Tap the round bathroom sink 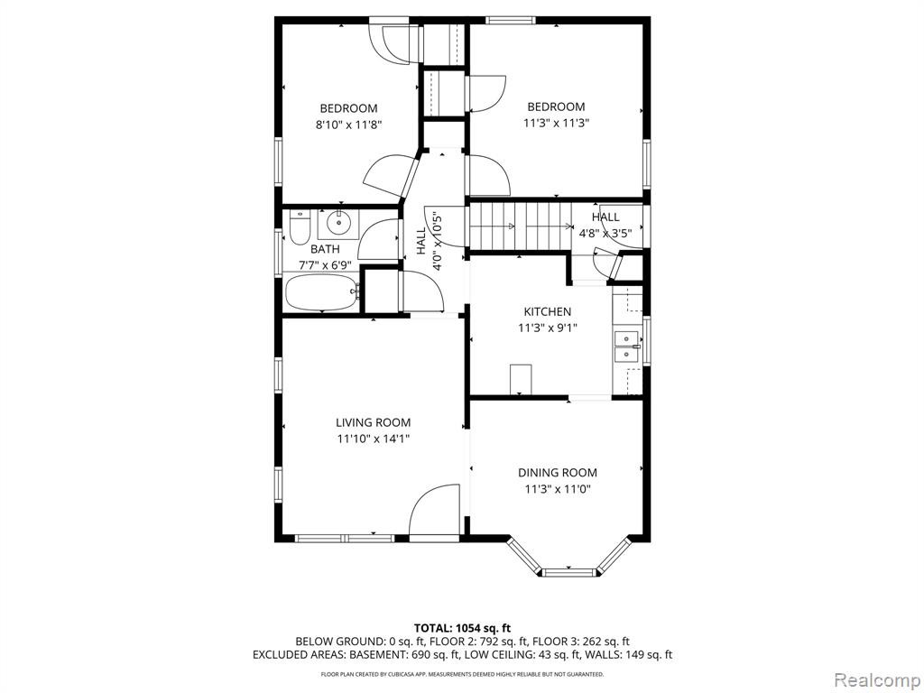click(338, 224)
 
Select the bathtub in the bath click(322, 293)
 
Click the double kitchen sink click(627, 346)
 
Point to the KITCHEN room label click(548, 311)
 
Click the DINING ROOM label click(558, 473)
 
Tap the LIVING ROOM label click(373, 422)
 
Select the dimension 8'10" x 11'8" click(349, 125)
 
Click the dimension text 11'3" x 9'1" click(548, 328)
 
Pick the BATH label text click(325, 249)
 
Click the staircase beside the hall click(521, 226)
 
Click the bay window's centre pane click(569, 572)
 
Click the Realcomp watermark click(876, 679)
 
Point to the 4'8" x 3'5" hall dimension click(605, 233)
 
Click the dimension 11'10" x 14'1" click(373, 439)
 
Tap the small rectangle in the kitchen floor click(521, 380)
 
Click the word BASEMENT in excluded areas click(376, 654)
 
